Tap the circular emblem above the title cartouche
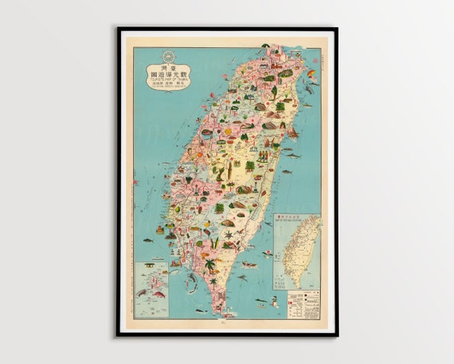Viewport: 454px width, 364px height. pyautogui.click(x=167, y=56)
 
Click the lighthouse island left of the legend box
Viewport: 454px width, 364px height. pyautogui.click(x=274, y=301)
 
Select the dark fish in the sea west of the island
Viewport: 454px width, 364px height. pyautogui.click(x=148, y=240)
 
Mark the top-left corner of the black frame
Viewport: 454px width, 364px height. pyautogui.click(x=118, y=29)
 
